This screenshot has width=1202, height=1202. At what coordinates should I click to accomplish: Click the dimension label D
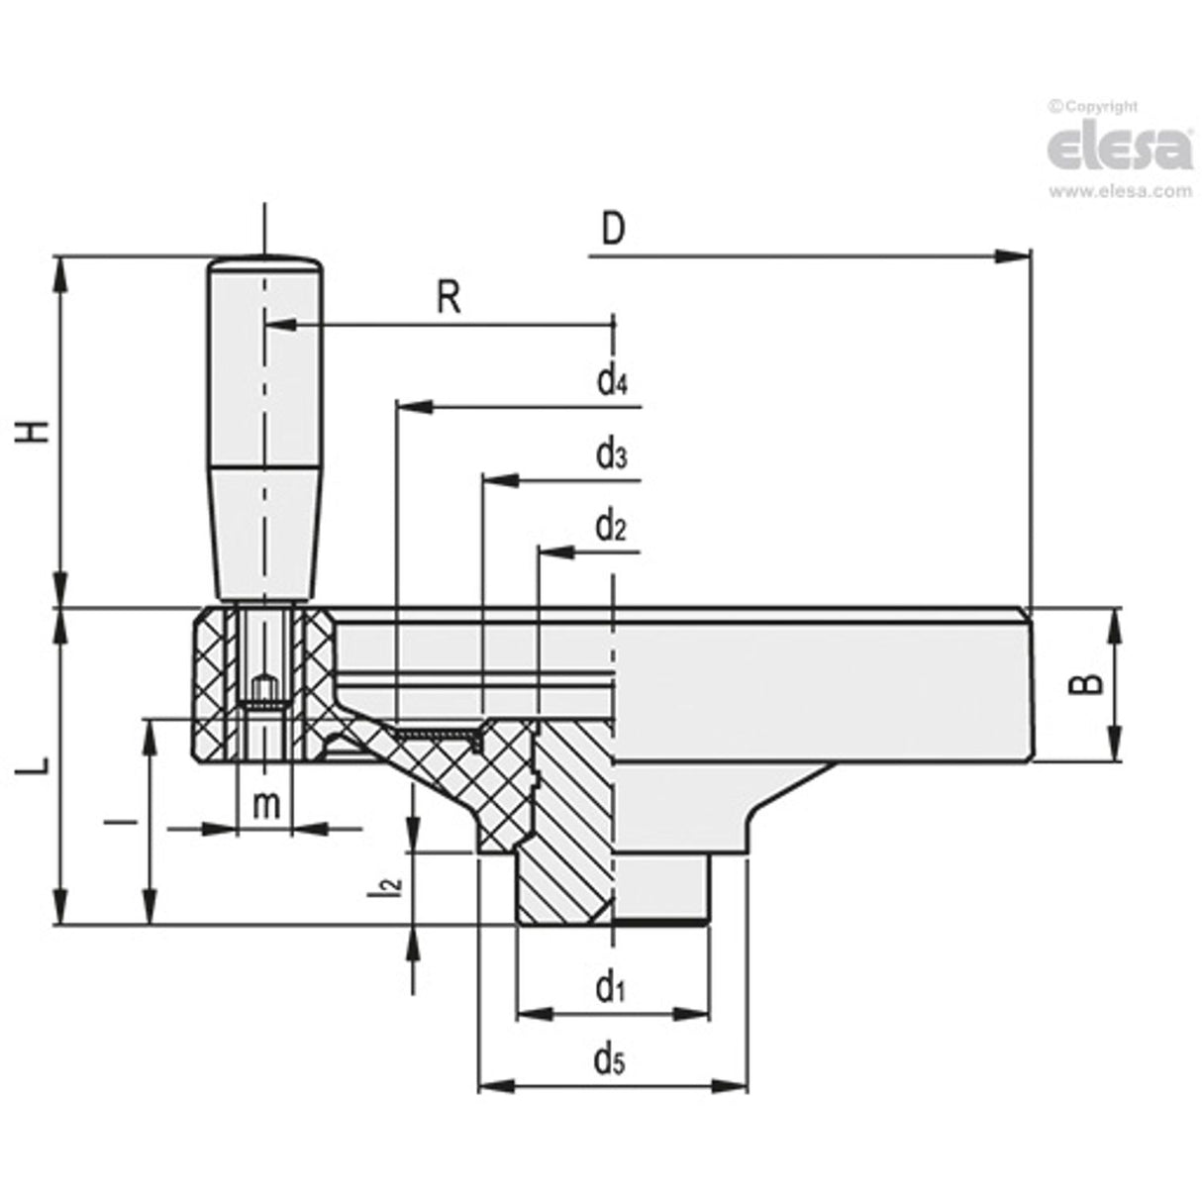tap(614, 230)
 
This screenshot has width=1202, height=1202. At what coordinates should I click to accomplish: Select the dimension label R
tap(450, 297)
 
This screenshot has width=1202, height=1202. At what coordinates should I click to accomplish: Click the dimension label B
tap(1087, 684)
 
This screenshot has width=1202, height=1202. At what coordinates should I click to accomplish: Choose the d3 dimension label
tap(611, 455)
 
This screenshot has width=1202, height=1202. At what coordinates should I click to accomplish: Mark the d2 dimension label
tap(611, 528)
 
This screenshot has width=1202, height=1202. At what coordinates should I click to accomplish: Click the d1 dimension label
tap(611, 987)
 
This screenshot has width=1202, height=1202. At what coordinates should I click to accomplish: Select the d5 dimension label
tap(610, 1061)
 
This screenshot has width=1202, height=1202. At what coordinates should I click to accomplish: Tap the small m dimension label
tap(265, 805)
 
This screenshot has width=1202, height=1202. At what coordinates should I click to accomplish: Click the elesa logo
tap(1120, 148)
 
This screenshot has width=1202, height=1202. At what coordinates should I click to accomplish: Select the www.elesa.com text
tap(1120, 192)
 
